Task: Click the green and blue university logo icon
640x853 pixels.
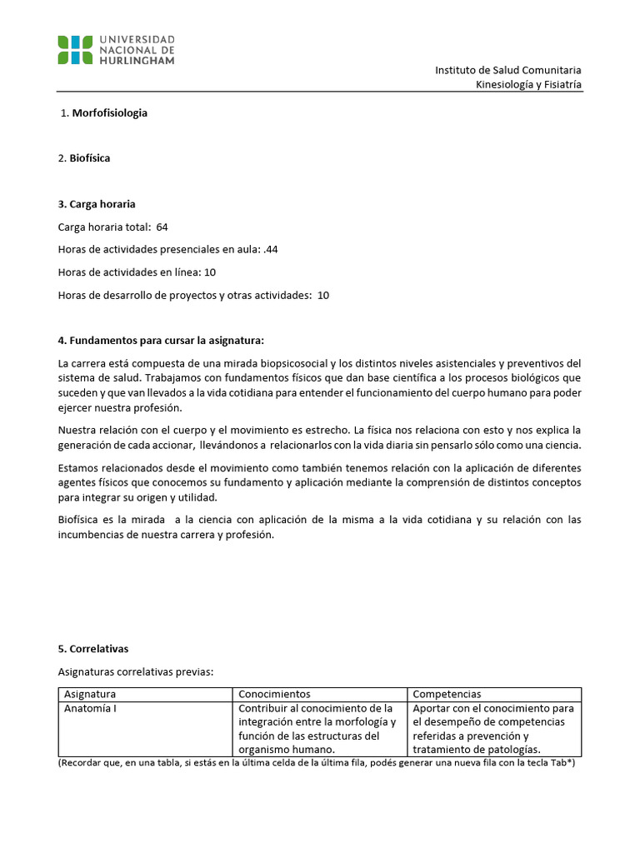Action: (x=75, y=50)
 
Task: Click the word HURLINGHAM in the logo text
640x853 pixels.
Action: (x=137, y=60)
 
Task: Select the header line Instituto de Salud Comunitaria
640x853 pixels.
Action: (x=508, y=70)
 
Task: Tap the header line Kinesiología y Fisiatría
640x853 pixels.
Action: (x=528, y=85)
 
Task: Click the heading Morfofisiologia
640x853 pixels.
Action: (x=110, y=112)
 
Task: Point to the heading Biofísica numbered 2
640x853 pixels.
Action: (x=91, y=158)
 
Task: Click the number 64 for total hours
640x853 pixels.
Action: (x=162, y=227)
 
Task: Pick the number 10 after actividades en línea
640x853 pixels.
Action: (x=210, y=272)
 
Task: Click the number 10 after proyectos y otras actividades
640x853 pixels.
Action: (x=323, y=295)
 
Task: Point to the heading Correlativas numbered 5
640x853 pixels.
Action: (x=99, y=649)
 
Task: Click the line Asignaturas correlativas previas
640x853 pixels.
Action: (x=136, y=671)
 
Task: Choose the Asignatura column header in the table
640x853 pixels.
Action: (x=90, y=694)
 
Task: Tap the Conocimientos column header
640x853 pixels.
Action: (x=274, y=694)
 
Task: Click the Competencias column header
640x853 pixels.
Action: (x=447, y=694)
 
